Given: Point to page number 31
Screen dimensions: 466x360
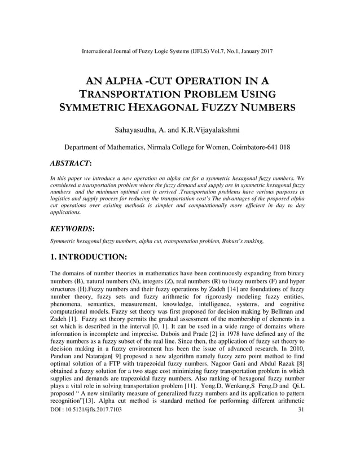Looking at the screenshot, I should [x=300, y=441].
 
